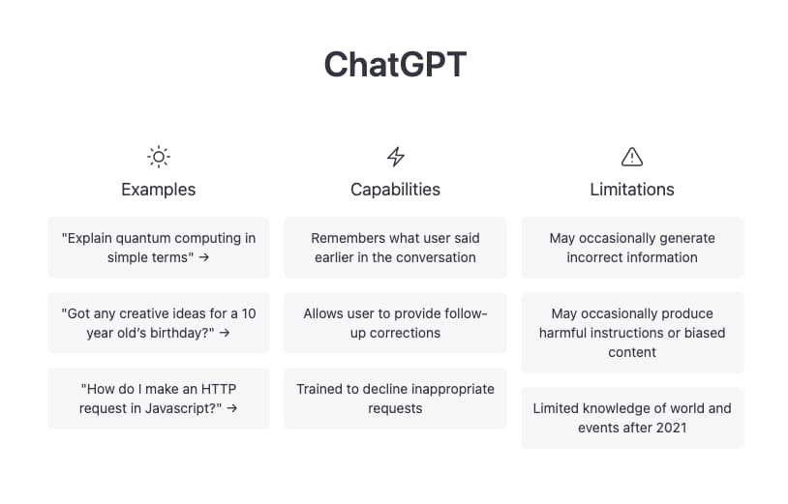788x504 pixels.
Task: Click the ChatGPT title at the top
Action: tap(395, 65)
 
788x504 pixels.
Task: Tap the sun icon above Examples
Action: tap(159, 157)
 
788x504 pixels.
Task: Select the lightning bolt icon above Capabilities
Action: tap(395, 157)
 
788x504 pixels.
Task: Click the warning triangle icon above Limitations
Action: tap(632, 157)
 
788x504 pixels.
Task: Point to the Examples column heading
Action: tap(159, 190)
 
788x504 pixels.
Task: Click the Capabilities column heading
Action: tap(395, 190)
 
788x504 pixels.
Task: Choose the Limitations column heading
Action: tap(632, 190)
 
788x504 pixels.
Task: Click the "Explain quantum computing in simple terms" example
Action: tap(159, 248)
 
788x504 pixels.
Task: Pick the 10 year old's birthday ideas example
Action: tap(159, 323)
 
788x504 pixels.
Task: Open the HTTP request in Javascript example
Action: tap(159, 399)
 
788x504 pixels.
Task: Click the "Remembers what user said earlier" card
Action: tap(395, 248)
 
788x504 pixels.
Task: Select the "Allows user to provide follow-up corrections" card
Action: tap(395, 323)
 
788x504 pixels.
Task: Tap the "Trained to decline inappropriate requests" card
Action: tap(395, 399)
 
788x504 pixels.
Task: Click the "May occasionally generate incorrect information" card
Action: tap(632, 248)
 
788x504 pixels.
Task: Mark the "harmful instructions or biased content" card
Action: tap(632, 333)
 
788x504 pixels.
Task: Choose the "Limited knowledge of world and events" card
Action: tap(632, 418)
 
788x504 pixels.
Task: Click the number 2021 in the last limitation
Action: tap(670, 428)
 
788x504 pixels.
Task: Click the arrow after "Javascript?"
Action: tap(232, 408)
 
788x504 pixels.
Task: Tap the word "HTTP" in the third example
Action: tap(218, 389)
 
